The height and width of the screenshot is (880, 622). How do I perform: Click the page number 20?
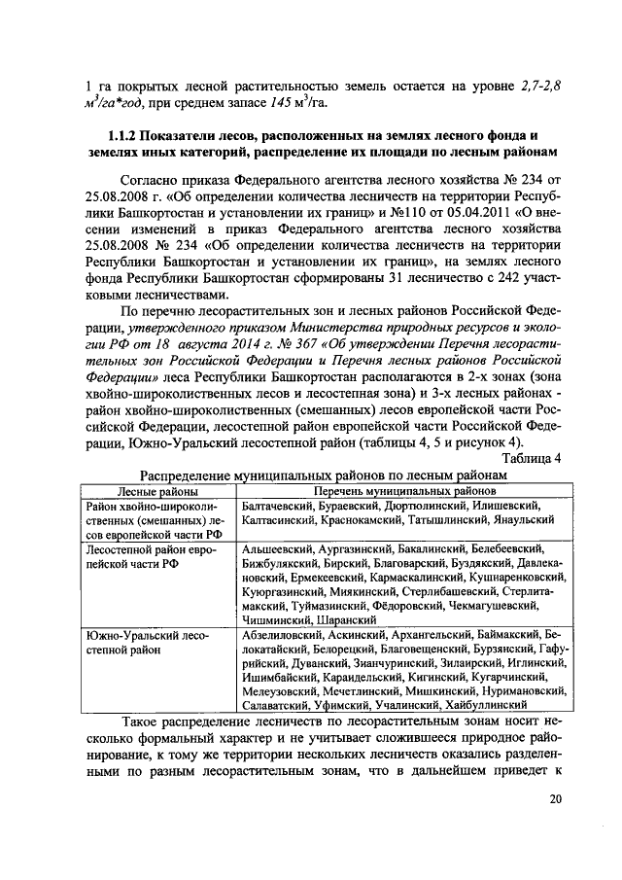click(x=555, y=799)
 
